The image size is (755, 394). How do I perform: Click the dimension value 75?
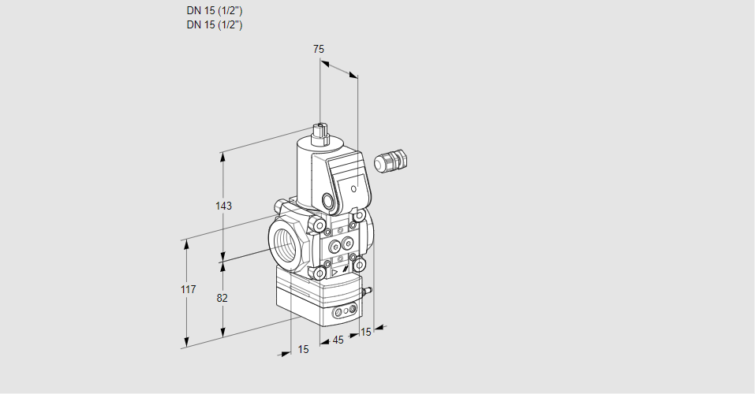[x=319, y=49]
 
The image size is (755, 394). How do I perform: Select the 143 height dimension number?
[x=223, y=206]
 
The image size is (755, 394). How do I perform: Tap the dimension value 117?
[x=187, y=290]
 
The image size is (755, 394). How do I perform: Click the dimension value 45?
[x=338, y=340]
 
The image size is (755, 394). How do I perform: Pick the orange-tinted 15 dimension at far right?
[x=364, y=332]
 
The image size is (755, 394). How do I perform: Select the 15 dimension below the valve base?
[x=304, y=349]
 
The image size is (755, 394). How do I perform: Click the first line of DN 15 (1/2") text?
[x=214, y=11]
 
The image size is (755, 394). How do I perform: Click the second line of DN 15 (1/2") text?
[x=214, y=24]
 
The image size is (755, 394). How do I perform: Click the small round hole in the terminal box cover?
[x=354, y=189]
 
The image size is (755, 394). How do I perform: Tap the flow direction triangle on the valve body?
[x=335, y=273]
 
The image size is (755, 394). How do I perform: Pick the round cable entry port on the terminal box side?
[x=328, y=199]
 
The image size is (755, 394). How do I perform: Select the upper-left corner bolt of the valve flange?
[x=319, y=227]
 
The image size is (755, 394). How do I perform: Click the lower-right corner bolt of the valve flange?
[x=359, y=264]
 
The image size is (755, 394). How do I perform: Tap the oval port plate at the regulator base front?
[x=342, y=313]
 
